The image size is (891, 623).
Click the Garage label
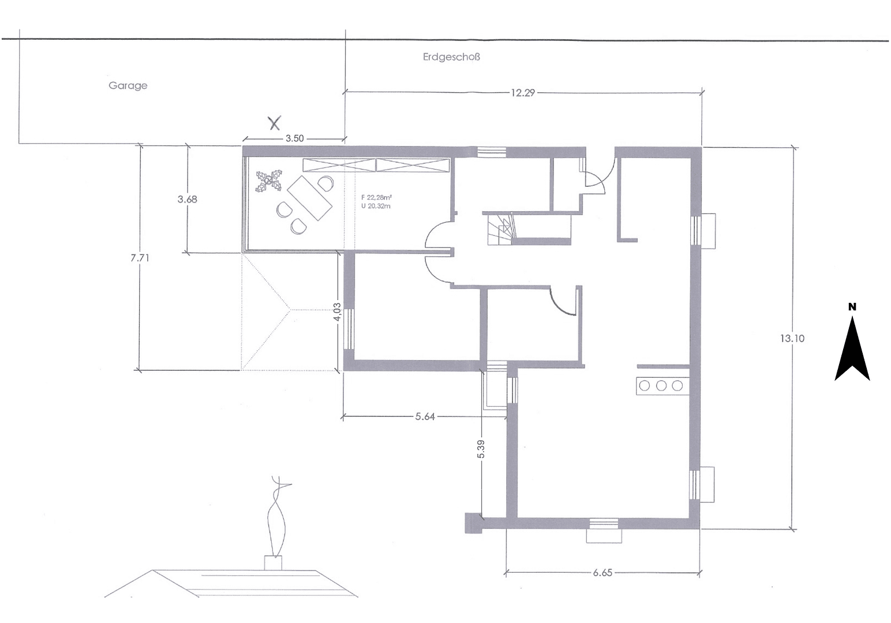click(x=128, y=85)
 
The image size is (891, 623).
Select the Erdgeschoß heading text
click(x=451, y=57)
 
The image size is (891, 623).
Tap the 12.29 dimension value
click(x=522, y=92)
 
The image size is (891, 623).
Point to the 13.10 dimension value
click(x=792, y=339)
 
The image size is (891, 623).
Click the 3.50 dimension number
click(x=294, y=138)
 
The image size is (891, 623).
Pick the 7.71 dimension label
click(x=140, y=258)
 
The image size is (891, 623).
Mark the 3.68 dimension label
click(x=187, y=199)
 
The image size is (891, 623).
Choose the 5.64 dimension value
click(x=425, y=416)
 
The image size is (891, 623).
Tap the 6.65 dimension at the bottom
click(x=602, y=573)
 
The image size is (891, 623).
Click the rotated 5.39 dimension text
click(x=481, y=449)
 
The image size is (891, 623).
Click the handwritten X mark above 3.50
click(x=275, y=122)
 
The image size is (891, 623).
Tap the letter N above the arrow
click(x=852, y=307)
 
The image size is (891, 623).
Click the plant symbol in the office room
click(x=268, y=181)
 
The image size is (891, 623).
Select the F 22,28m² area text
click(x=376, y=197)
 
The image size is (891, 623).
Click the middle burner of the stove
click(x=661, y=385)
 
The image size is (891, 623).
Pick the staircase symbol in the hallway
click(x=500, y=229)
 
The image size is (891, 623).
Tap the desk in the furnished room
click(x=310, y=198)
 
